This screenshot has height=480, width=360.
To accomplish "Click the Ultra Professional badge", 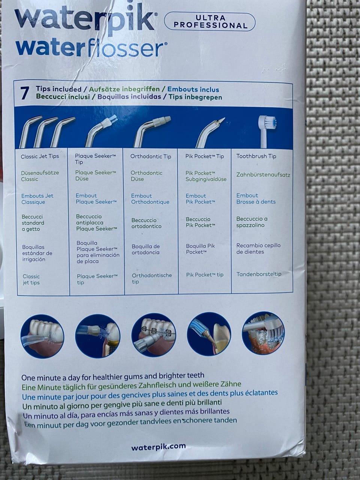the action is pyautogui.click(x=209, y=22).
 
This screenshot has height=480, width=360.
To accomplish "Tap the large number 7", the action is pyautogui.click(x=25, y=93).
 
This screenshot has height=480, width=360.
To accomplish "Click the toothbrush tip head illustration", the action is pyautogui.click(x=267, y=123).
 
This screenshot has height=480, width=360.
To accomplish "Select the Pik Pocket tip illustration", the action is pyautogui.click(x=210, y=132).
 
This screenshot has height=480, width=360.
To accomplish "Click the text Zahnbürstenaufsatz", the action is pyautogui.click(x=263, y=175).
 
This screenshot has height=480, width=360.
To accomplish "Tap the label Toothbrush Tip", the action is pyautogui.click(x=256, y=156).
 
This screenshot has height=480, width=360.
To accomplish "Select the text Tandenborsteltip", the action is pyautogui.click(x=259, y=274).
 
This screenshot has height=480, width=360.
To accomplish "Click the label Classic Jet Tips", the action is pyautogui.click(x=40, y=156).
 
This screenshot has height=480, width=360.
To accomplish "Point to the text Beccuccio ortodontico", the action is pyautogui.click(x=146, y=223).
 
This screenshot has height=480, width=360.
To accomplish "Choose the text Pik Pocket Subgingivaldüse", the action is pyautogui.click(x=206, y=176).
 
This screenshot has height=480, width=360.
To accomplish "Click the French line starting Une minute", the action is pyautogui.click(x=150, y=394).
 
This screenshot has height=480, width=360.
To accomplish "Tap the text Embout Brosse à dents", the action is pyautogui.click(x=256, y=198).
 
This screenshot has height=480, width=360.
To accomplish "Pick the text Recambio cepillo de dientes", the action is pyautogui.click(x=258, y=249).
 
